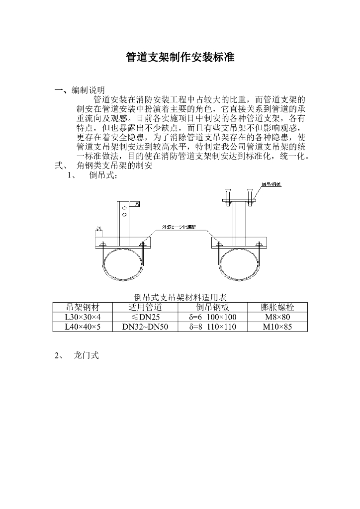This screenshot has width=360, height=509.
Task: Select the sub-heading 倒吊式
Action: pos(103,176)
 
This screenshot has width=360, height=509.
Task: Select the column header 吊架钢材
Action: pos(83,307)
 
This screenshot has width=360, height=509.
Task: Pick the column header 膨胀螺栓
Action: pos(277,307)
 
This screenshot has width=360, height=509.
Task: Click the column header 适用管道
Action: pos(145,307)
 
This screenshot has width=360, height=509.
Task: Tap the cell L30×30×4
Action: pos(83,317)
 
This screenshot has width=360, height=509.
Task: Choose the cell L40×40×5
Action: pos(83,327)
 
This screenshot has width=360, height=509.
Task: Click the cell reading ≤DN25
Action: pos(145,317)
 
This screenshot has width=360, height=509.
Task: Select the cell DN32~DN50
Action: pos(145,327)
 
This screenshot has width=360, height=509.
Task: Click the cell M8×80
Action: pos(277,317)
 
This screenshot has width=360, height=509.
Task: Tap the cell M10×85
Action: pos(277,327)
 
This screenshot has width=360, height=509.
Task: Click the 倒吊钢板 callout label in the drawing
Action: pos(271,184)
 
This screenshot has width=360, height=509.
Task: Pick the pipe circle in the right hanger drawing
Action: pos(240,263)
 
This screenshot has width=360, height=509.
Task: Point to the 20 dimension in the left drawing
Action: pos(98,228)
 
